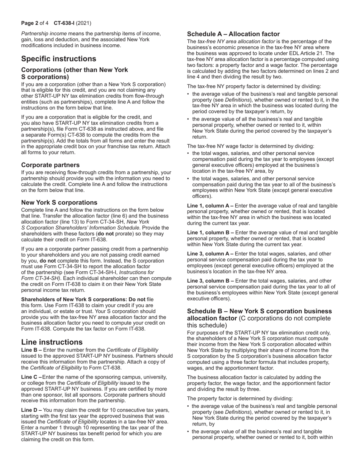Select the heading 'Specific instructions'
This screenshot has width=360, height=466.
coord(58,59)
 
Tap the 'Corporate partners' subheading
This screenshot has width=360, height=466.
coord(50,165)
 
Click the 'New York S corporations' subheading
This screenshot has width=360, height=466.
coord(59,202)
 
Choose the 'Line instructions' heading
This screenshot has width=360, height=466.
coord(52,342)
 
